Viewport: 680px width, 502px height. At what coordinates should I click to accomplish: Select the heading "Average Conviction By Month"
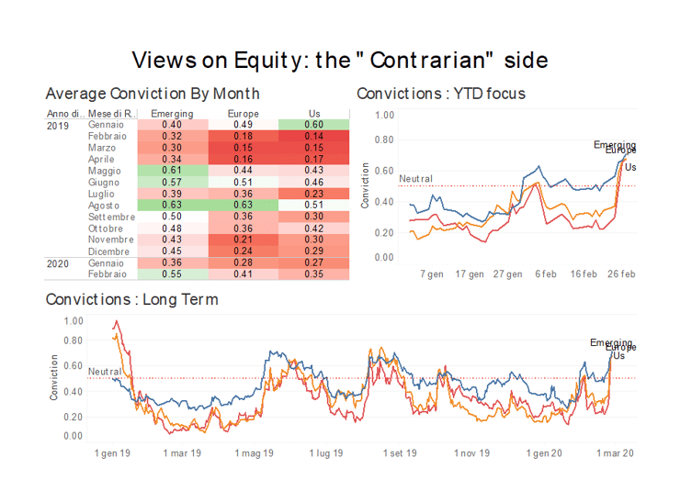click(152, 94)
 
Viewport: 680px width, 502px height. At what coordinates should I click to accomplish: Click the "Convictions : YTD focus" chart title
click(441, 94)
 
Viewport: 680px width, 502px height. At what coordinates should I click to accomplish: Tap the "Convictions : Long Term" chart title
click(131, 299)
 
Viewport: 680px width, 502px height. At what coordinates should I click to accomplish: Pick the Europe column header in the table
click(243, 113)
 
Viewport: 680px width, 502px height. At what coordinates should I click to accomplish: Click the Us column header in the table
click(314, 113)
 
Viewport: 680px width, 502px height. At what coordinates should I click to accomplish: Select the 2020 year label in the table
click(59, 263)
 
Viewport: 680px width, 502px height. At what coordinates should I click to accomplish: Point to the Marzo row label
click(101, 148)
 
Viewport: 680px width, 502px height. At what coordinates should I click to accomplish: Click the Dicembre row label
click(108, 251)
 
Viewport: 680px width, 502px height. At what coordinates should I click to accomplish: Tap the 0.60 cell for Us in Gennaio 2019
click(314, 125)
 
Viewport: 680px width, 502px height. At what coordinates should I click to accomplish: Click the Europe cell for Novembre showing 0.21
click(243, 240)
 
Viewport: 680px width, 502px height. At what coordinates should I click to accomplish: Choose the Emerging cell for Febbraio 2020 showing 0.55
click(171, 274)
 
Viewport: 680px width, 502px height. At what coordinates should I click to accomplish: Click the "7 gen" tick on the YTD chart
click(433, 273)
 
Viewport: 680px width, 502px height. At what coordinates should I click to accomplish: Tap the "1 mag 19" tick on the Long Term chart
click(255, 452)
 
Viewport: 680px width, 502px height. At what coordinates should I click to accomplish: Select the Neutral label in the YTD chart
click(390, 179)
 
